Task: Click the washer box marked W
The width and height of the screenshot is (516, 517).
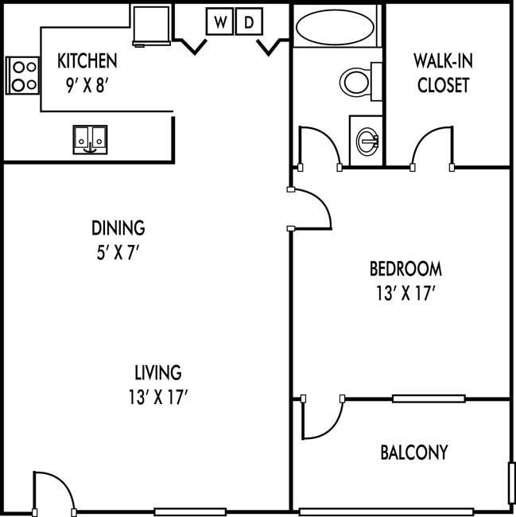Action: coord(219,21)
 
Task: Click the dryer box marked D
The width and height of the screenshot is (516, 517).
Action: coord(249,21)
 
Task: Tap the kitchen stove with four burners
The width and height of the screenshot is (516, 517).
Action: coord(22,76)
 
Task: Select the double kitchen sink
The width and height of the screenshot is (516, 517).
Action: coord(90,140)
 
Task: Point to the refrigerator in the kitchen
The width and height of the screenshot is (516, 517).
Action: coord(152,25)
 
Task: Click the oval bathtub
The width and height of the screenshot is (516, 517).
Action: coord(335,27)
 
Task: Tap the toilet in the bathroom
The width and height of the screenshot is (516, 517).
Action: coord(360,81)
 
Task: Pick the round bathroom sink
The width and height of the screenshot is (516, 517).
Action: coord(367,141)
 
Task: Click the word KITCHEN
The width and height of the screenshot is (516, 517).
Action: coord(87,60)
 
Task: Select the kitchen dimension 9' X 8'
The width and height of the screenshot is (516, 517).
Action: coord(87,86)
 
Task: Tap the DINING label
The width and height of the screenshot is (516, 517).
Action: coord(118,227)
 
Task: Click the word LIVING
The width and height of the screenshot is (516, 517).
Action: coord(158,372)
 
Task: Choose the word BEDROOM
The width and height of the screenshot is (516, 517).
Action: coord(405,269)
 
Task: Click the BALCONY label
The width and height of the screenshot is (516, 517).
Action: coord(414,452)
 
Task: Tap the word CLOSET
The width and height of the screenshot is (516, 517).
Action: coord(443,85)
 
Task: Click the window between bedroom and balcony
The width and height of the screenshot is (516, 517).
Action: coord(429,398)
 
